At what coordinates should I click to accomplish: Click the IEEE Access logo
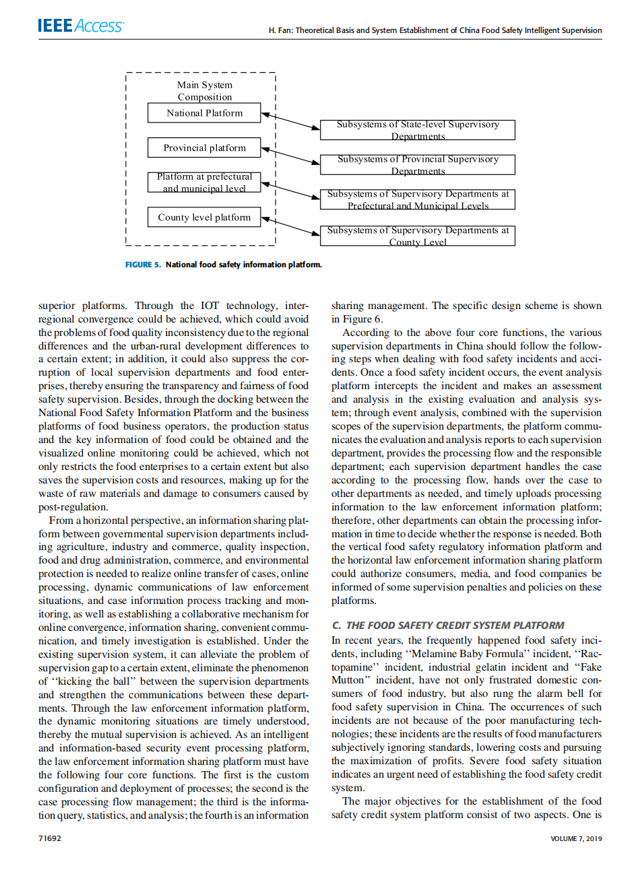(81, 26)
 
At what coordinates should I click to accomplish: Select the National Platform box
(204, 113)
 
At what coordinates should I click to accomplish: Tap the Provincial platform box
(204, 148)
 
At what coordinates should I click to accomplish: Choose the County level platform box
(204, 217)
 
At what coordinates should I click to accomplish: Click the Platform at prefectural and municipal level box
(204, 182)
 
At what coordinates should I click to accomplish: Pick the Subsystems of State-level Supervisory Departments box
(418, 130)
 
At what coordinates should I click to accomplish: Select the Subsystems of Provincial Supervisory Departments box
(418, 165)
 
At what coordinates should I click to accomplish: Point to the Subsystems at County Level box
(418, 236)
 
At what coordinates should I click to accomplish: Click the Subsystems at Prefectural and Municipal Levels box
(418, 199)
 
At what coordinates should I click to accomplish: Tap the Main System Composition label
(205, 91)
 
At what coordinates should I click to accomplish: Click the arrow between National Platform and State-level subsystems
(290, 121)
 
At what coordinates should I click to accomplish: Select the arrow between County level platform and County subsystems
(290, 226)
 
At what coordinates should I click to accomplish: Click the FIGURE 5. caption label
(143, 265)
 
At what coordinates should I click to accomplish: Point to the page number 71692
(50, 838)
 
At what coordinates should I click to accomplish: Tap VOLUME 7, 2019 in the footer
(576, 838)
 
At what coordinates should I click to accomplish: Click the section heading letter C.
(336, 626)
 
